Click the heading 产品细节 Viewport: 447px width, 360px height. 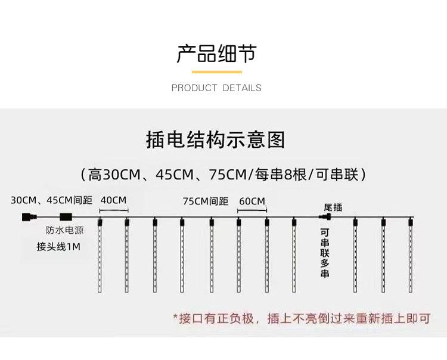(x=216, y=54)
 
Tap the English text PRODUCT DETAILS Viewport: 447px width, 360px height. (x=216, y=88)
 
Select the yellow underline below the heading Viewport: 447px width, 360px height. (x=216, y=72)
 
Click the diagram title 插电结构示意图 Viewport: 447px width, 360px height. (x=216, y=140)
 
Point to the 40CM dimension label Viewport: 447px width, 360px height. (x=113, y=200)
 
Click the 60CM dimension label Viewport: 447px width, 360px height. (x=252, y=201)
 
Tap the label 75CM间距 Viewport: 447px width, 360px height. (x=206, y=201)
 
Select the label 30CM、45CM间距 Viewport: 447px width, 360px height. (x=51, y=200)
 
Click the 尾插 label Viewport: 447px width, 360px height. (x=333, y=207)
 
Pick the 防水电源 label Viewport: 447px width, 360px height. (x=64, y=230)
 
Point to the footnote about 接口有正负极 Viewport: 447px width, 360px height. (x=301, y=318)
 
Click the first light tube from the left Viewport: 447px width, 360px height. (x=99, y=256)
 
